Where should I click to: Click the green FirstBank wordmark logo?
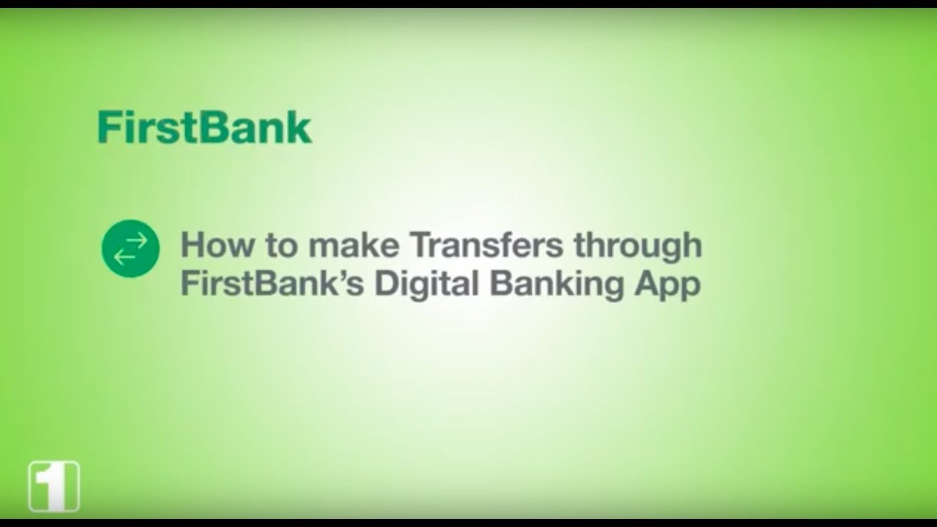coord(204,128)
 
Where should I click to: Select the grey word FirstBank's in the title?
coord(272,284)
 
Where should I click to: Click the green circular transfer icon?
coord(130,249)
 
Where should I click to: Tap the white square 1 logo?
coord(53,486)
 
